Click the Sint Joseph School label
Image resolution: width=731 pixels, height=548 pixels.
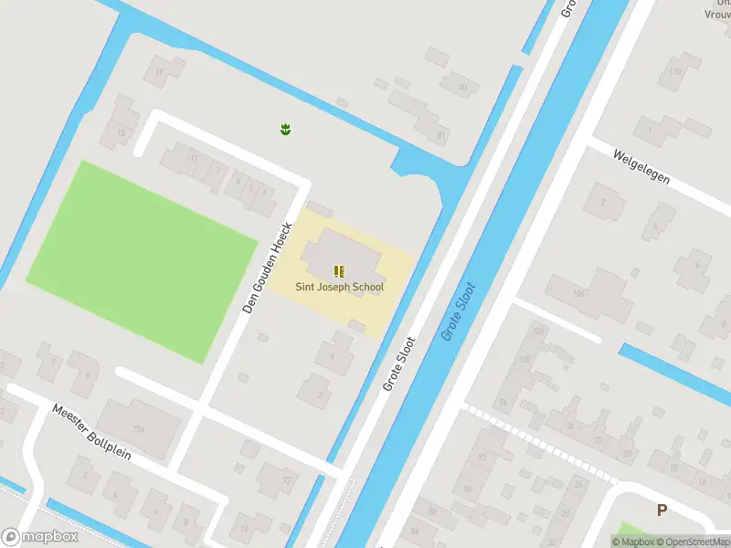click(339, 287)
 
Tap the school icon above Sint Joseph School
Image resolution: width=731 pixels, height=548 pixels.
click(339, 270)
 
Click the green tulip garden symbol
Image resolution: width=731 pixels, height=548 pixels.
click(285, 130)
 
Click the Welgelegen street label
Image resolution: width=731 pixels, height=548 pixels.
click(642, 167)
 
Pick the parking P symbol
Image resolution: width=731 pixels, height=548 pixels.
click(662, 511)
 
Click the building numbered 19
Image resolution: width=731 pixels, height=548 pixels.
click(160, 71)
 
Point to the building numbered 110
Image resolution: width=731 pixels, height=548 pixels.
click(674, 71)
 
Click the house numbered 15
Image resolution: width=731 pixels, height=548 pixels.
click(122, 133)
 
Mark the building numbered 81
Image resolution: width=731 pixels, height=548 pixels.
click(441, 135)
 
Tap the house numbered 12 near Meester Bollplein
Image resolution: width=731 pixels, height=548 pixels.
click(244, 528)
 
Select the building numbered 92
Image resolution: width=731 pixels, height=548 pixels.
click(482, 457)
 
